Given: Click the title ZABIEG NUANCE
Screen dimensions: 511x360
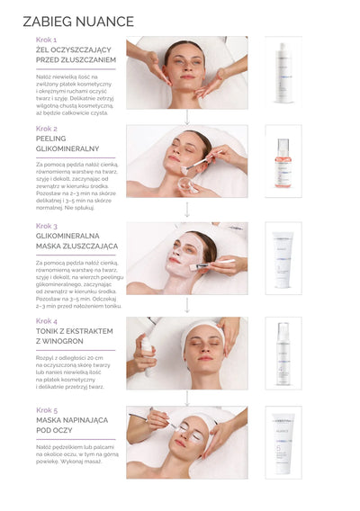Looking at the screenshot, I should (x=78, y=22).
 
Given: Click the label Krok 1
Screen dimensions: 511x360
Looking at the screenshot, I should (x=47, y=40).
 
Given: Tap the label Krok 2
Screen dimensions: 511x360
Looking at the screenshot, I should (x=47, y=129).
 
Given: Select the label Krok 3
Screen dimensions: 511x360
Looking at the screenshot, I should (x=47, y=227).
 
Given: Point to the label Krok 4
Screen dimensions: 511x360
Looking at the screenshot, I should (x=47, y=320).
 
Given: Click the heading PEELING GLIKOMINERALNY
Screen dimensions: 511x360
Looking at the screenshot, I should (x=67, y=144).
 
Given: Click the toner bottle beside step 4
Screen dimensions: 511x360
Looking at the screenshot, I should (x=283, y=352).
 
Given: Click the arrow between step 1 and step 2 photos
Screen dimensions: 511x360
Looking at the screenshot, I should (x=187, y=117).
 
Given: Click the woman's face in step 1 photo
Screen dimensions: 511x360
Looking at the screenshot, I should (x=184, y=67).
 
